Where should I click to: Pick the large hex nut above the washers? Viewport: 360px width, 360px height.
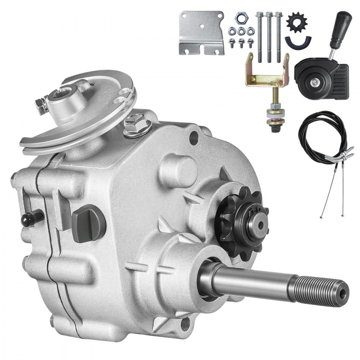point(240,19)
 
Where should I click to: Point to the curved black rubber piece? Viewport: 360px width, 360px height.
point(298,42)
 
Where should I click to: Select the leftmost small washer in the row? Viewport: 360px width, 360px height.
point(231,31)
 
